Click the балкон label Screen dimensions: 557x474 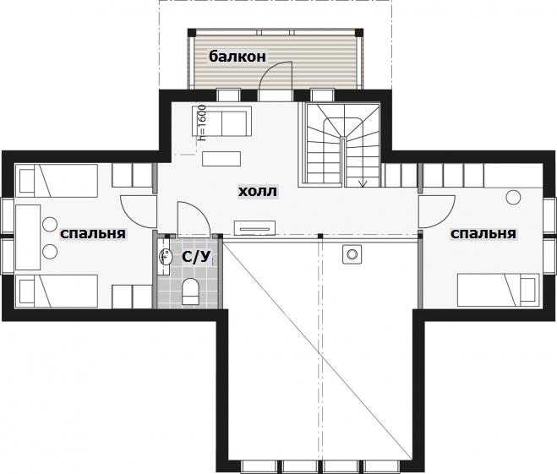[238, 56]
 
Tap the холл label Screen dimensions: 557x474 [257, 191]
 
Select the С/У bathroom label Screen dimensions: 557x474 [196, 256]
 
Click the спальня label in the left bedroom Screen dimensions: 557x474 [93, 234]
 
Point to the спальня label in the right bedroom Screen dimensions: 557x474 [483, 234]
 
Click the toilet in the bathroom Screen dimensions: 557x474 [190, 291]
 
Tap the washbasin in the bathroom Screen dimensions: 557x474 [166, 255]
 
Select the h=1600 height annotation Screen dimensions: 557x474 [202, 122]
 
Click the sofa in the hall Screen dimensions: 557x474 [222, 121]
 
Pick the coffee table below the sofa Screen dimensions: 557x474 [221, 159]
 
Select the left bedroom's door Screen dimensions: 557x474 [139, 211]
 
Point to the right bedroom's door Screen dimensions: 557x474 [437, 211]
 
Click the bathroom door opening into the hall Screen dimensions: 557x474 [194, 219]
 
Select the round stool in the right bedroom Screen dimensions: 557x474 [513, 198]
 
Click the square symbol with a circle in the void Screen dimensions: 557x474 [352, 254]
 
